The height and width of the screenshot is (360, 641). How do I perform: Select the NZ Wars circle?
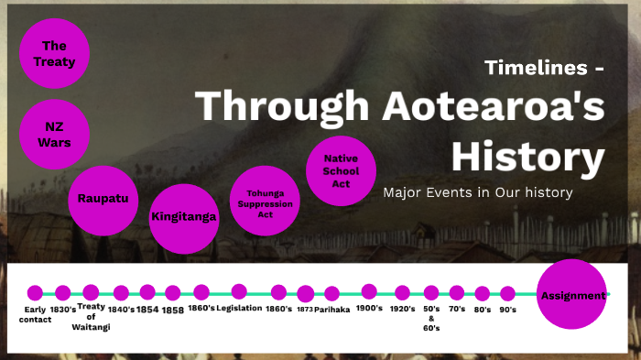click(x=54, y=136)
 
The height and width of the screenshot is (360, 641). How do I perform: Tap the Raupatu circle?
click(x=102, y=198)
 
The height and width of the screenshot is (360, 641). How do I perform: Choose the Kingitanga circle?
click(x=183, y=217)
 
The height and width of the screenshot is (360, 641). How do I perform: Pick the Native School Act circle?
click(x=341, y=170)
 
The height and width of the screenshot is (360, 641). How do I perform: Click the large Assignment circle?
click(x=572, y=295)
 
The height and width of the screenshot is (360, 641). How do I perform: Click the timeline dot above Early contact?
click(x=35, y=293)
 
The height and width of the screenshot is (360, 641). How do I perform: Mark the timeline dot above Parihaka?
click(x=331, y=294)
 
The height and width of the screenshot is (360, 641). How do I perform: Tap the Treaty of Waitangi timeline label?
click(x=92, y=316)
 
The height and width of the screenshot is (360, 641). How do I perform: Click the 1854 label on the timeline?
click(x=147, y=310)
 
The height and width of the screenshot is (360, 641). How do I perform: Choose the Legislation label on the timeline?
click(x=239, y=309)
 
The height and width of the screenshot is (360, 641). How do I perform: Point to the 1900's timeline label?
click(x=369, y=309)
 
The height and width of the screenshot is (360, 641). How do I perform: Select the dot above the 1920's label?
click(x=402, y=293)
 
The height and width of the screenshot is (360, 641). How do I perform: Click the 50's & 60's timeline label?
click(x=431, y=318)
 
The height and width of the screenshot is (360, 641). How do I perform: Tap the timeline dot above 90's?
click(x=508, y=293)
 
